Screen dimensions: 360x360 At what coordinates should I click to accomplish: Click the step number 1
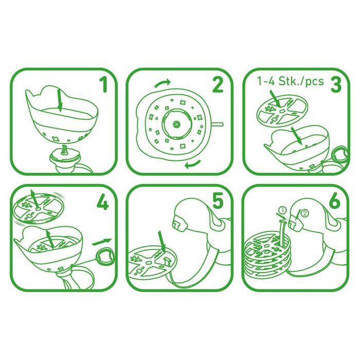(x=104, y=84)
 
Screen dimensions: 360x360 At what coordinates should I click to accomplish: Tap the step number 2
(x=218, y=84)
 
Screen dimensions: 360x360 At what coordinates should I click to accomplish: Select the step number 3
(x=336, y=84)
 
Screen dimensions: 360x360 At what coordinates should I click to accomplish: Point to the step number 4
(x=103, y=202)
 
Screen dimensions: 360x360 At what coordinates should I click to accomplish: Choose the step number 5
(x=218, y=201)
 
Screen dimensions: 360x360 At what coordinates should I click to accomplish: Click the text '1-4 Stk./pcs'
(x=290, y=81)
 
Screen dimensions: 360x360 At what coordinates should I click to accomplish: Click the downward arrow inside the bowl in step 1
(x=60, y=101)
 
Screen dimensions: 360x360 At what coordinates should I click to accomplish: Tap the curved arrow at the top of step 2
(x=163, y=83)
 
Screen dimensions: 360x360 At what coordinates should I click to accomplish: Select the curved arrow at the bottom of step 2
(x=193, y=164)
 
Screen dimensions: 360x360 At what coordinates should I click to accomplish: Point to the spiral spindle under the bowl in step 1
(x=64, y=150)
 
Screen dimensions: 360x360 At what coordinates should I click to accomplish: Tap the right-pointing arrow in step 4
(x=102, y=242)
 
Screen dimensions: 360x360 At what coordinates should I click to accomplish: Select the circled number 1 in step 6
(x=283, y=210)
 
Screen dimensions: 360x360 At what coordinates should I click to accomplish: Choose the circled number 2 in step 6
(x=305, y=213)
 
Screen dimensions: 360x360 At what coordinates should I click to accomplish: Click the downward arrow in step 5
(x=161, y=242)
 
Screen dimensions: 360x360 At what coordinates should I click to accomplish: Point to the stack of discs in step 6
(x=267, y=257)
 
